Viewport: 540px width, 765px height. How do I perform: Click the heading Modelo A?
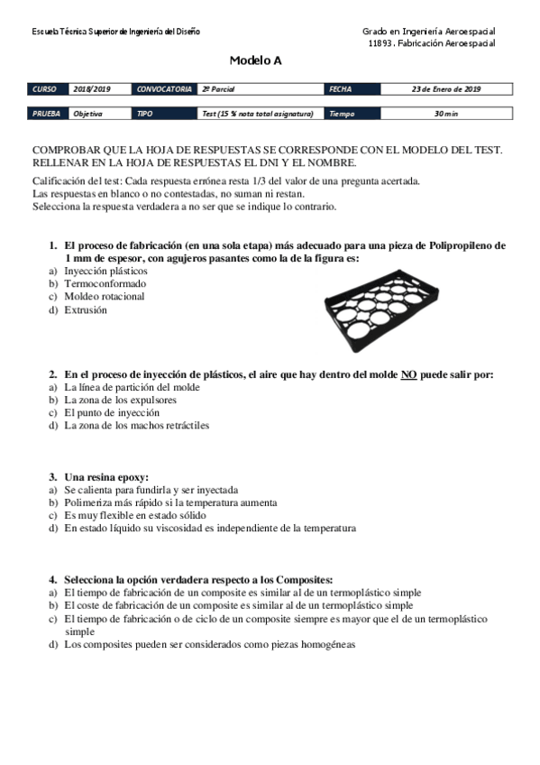tap(255, 60)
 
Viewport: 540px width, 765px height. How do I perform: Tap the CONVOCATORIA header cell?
tap(164, 89)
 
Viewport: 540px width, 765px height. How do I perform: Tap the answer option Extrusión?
tap(85, 309)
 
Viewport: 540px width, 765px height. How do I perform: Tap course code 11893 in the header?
tap(382, 42)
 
